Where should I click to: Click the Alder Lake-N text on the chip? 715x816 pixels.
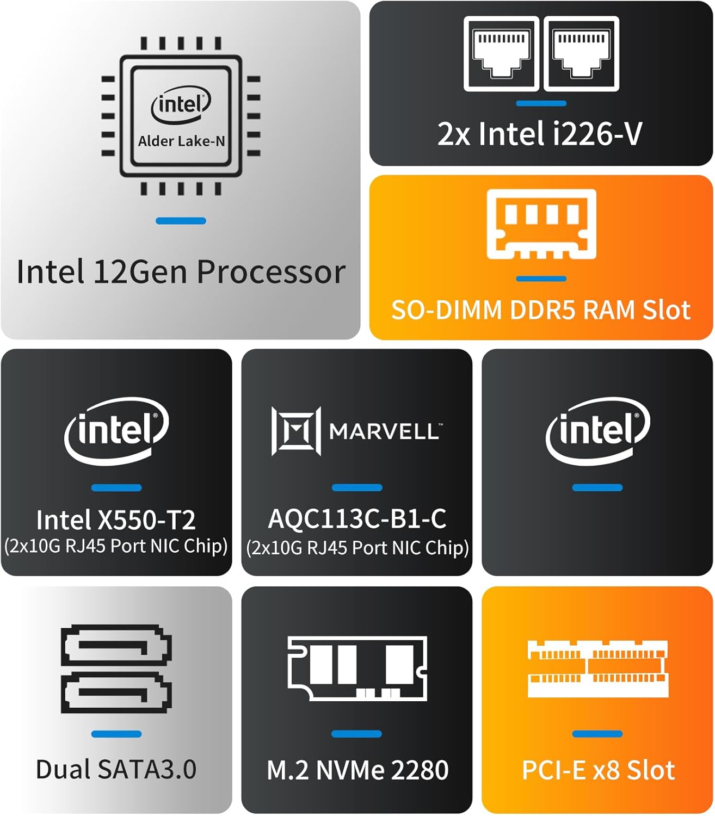click(x=181, y=141)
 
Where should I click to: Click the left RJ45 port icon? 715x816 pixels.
click(x=501, y=54)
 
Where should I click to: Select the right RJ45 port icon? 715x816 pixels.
click(x=581, y=54)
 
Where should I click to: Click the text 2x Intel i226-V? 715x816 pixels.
click(x=540, y=134)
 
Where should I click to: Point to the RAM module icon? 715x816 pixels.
click(x=541, y=224)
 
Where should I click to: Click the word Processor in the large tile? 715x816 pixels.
click(x=270, y=271)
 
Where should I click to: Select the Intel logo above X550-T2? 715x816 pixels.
click(x=116, y=430)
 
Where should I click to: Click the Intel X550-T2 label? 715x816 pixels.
click(x=116, y=520)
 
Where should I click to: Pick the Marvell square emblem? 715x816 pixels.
click(x=296, y=431)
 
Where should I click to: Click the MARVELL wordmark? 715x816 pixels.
click(x=385, y=432)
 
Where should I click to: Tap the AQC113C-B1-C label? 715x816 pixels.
click(x=357, y=518)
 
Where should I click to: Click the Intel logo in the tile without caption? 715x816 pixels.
click(x=597, y=430)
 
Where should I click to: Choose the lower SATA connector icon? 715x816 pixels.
click(x=116, y=692)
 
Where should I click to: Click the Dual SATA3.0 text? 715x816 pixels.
click(x=116, y=769)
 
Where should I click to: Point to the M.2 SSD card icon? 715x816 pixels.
click(x=357, y=668)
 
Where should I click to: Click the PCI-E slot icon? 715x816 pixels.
click(x=597, y=669)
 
